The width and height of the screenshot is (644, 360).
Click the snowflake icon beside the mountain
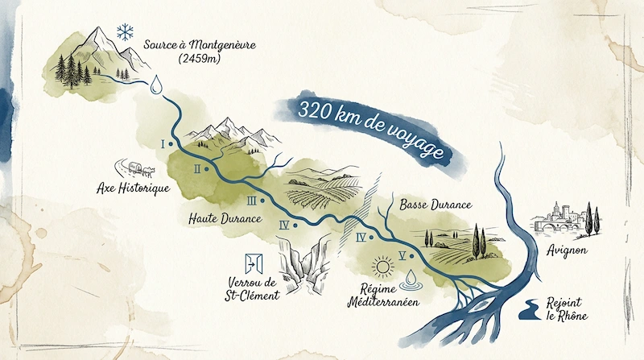pyautogui.click(x=125, y=32)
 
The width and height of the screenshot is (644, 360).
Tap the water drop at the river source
pyautogui.click(x=156, y=83)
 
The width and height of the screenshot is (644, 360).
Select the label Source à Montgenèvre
pyautogui.click(x=200, y=43)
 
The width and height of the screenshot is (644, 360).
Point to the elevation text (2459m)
pyautogui.click(x=199, y=59)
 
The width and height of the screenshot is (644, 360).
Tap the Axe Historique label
pyautogui.click(x=132, y=188)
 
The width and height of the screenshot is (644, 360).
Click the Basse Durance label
pyautogui.click(x=436, y=205)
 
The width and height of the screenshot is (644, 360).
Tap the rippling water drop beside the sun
pyautogui.click(x=411, y=279)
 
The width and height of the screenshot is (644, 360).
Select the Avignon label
pyautogui.click(x=568, y=250)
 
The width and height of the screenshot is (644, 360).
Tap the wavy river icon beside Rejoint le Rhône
pyautogui.click(x=532, y=307)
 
